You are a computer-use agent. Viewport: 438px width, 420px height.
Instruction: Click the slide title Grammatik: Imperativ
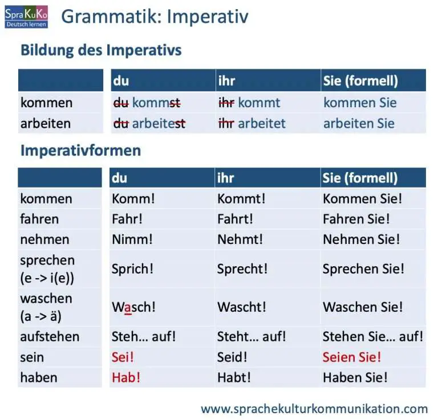[x=155, y=17]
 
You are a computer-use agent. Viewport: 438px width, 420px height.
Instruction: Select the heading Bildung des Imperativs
[x=101, y=50]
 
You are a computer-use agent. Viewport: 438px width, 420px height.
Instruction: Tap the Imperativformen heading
[x=80, y=151]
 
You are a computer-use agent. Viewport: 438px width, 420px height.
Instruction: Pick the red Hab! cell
[x=127, y=377]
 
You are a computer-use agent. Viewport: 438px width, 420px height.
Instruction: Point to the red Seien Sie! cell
[x=352, y=357]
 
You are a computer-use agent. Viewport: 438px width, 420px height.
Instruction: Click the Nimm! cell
[x=132, y=239]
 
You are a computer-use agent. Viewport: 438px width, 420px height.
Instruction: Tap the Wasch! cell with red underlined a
[x=133, y=307]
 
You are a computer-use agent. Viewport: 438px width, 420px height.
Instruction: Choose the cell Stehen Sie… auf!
[x=372, y=337]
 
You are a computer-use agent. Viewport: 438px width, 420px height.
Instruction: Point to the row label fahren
[x=39, y=219]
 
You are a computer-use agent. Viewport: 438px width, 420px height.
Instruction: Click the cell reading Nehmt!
[x=240, y=239]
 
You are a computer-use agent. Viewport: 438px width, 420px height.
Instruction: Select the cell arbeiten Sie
[x=359, y=123]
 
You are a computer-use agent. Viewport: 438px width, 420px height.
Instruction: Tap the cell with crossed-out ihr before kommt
[x=249, y=103]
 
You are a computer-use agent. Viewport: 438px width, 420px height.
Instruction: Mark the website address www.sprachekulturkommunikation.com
[x=314, y=409]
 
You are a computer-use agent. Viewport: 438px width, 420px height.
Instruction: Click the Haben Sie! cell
[x=355, y=377]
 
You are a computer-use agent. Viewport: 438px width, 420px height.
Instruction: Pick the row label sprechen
[x=47, y=260]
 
